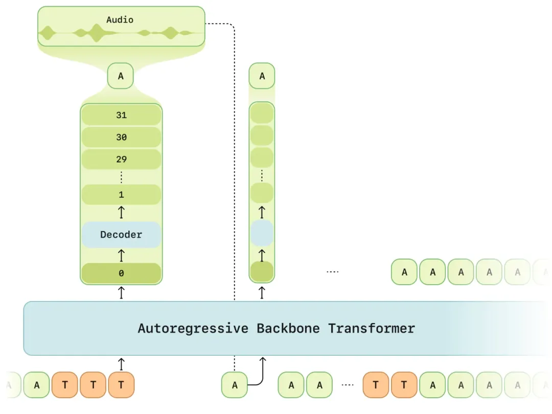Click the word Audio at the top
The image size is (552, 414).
click(x=120, y=20)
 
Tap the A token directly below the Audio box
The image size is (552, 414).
click(x=121, y=76)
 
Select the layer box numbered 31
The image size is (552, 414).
click(x=121, y=116)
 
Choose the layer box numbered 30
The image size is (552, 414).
click(x=121, y=137)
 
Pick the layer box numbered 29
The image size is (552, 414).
click(x=121, y=159)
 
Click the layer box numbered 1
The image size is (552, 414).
click(x=121, y=195)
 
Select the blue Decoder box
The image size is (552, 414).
click(x=121, y=235)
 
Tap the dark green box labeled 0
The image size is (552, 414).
click(x=121, y=273)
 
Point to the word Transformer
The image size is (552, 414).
click(x=372, y=328)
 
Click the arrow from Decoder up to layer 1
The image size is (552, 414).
click(x=121, y=212)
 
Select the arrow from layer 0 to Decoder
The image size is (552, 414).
click(x=121, y=255)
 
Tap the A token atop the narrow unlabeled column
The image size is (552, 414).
click(x=262, y=76)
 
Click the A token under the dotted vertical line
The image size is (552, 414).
click(x=235, y=385)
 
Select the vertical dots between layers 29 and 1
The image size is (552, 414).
click(x=121, y=177)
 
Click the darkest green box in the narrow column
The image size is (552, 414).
click(x=262, y=272)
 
